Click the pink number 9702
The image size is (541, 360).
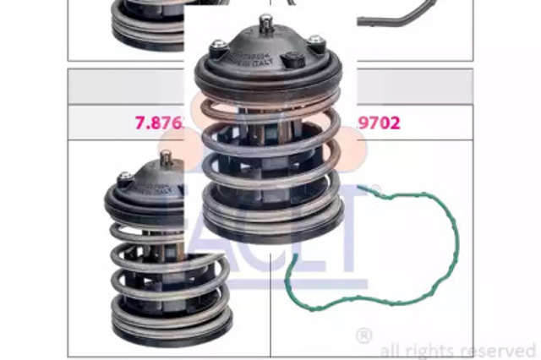[378, 122]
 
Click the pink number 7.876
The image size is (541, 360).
[159, 122]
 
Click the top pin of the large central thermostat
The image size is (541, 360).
[266, 23]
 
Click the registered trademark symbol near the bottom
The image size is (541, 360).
[363, 335]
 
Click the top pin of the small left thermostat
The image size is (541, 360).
[165, 158]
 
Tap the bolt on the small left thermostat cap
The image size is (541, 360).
[125, 179]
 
